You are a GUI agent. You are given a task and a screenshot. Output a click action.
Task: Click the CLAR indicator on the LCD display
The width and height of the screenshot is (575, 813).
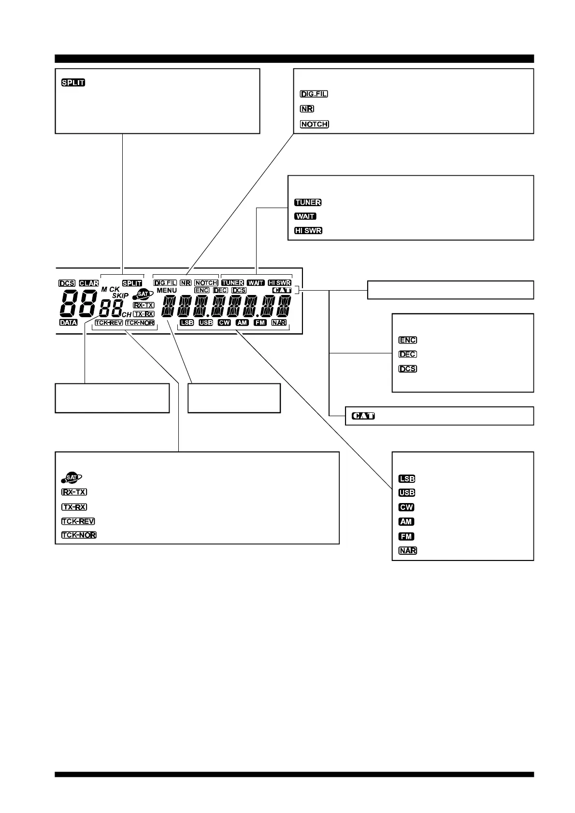pyautogui.click(x=89, y=283)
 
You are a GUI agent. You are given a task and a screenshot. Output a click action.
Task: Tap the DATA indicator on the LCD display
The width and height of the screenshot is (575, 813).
pyautogui.click(x=68, y=322)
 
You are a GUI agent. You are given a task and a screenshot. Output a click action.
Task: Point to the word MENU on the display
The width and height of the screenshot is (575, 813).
pyautogui.click(x=167, y=291)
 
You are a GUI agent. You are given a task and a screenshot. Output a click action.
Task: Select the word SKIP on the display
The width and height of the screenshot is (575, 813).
pyautogui.click(x=120, y=295)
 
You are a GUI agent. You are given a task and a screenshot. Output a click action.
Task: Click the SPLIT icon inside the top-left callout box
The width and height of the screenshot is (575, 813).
pyautogui.click(x=73, y=83)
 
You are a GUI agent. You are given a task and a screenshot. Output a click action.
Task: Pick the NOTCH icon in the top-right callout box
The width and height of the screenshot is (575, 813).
pyautogui.click(x=314, y=124)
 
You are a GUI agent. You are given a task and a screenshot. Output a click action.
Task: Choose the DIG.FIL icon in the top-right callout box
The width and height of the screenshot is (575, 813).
pyautogui.click(x=314, y=94)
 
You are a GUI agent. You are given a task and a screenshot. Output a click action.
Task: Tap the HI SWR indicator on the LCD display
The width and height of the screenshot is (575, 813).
pyautogui.click(x=280, y=283)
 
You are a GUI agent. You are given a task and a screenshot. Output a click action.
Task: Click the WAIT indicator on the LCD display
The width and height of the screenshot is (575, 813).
pyautogui.click(x=256, y=283)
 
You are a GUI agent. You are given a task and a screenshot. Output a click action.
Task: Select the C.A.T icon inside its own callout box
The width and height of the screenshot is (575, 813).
pyautogui.click(x=363, y=416)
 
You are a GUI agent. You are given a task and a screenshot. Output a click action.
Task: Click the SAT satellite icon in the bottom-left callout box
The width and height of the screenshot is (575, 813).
pyautogui.click(x=72, y=477)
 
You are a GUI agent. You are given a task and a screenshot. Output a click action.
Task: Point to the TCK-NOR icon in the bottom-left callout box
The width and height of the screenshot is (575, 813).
pyautogui.click(x=78, y=535)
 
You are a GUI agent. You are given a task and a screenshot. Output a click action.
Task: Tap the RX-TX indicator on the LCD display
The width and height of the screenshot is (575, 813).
pyautogui.click(x=144, y=305)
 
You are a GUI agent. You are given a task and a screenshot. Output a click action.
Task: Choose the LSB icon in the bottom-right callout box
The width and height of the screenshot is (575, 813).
pyautogui.click(x=407, y=479)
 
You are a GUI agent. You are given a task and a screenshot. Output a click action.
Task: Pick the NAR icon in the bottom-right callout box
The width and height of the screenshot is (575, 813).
pyautogui.click(x=408, y=550)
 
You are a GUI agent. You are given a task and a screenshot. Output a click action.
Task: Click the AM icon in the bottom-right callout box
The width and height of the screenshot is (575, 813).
pyautogui.click(x=406, y=522)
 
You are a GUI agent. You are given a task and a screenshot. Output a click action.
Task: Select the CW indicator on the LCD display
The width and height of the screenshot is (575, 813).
pyautogui.click(x=224, y=322)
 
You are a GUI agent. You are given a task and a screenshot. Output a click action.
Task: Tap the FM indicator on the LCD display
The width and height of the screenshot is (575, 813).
pyautogui.click(x=260, y=322)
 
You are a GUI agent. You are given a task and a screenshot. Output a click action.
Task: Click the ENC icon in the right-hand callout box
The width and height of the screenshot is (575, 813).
pyautogui.click(x=408, y=340)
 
